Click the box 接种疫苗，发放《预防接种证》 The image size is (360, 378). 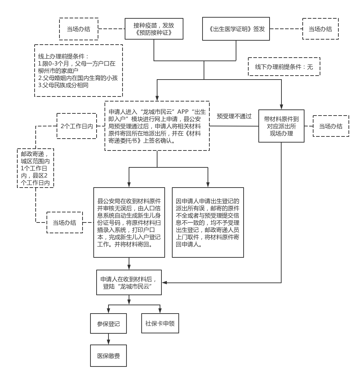154,29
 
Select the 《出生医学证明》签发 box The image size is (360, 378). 236,29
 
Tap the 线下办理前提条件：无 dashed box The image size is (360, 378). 284,67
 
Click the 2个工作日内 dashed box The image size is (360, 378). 77,126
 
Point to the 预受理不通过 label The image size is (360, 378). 234,116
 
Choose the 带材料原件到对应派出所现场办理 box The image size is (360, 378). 281,126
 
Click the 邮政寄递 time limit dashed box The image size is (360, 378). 35,168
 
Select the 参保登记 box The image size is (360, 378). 108,324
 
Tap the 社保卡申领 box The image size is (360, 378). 160,323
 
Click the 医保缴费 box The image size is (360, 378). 108,356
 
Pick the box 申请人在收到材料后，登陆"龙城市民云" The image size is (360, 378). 129,282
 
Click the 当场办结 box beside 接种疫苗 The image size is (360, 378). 79,29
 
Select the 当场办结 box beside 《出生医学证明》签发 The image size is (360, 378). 320,29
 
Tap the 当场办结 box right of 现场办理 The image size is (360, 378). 331,126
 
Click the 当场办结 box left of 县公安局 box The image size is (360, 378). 65,222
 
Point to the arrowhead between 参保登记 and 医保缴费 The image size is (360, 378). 108,342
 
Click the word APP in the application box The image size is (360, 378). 183,112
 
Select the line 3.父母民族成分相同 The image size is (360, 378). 63,85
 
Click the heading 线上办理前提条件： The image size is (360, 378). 63,57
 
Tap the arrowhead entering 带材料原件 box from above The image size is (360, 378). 281,107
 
